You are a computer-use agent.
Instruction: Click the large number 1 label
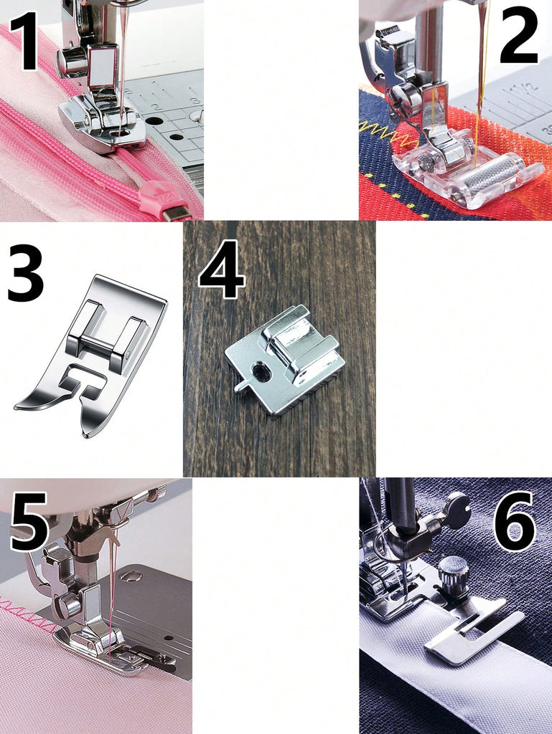click(x=24, y=40)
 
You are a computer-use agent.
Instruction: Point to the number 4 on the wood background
click(x=222, y=270)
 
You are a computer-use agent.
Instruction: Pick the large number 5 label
click(x=29, y=521)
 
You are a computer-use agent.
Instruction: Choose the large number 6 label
click(x=515, y=521)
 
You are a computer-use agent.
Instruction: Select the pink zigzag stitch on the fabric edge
click(x=29, y=619)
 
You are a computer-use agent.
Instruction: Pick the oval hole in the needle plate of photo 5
click(x=132, y=576)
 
